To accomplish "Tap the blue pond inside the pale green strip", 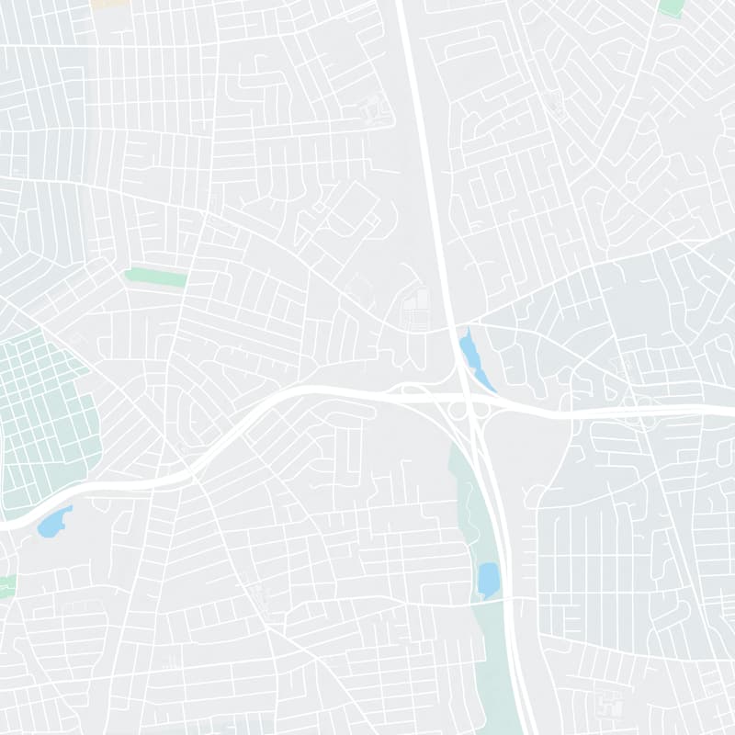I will coord(488,580).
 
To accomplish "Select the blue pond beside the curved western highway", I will coord(51,523).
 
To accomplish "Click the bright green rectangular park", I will coord(156,277).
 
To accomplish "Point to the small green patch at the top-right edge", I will coord(672,6).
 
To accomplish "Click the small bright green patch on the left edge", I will coord(6,586).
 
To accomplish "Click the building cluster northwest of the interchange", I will coord(415,308).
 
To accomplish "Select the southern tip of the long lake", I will coord(492,390).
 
